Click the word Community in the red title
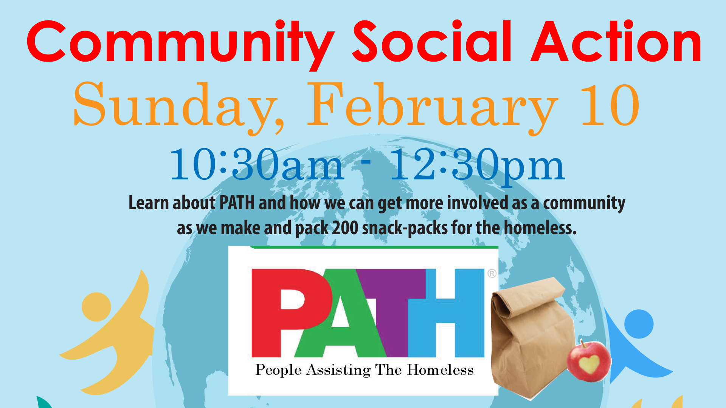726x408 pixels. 181,45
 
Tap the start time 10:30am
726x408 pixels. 257,164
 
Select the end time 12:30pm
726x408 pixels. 477,166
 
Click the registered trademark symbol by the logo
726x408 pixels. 492,273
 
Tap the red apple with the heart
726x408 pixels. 589,361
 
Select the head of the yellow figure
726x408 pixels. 96,307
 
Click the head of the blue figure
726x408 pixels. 639,324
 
